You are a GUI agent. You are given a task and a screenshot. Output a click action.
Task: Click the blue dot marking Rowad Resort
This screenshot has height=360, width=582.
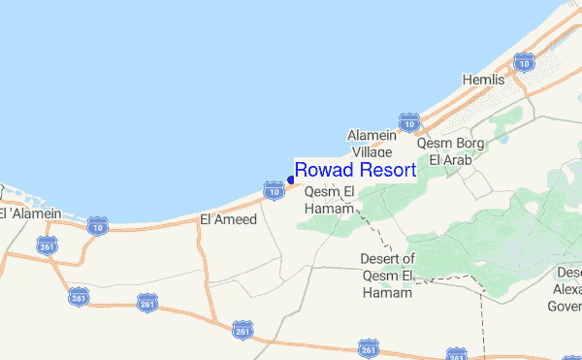coord(291,180)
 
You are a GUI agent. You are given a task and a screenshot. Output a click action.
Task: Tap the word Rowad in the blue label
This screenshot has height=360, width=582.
coord(323,171)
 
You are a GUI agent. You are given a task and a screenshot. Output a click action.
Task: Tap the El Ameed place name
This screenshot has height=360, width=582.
coord(228,219)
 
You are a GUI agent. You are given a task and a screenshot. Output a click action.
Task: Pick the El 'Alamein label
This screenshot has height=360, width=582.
coord(31,213)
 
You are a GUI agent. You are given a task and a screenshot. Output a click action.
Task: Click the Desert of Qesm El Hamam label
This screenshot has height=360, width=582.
coord(387,276)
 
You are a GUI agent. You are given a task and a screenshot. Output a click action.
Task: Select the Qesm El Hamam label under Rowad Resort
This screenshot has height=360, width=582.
coord(332,199)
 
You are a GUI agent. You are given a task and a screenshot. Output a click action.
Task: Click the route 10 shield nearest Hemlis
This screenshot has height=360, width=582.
coord(526,64)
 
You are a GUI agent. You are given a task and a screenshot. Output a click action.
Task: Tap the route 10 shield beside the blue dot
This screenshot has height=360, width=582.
coord(275,191)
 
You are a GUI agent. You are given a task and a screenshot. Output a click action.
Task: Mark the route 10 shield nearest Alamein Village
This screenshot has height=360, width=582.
coord(410,124)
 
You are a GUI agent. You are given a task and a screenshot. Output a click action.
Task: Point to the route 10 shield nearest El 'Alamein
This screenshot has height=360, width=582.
coord(97,226)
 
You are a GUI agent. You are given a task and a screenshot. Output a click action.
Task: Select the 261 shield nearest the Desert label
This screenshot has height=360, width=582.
coord(368,347)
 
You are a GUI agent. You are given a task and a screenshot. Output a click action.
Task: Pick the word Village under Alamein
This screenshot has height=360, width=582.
coord(372,152)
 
